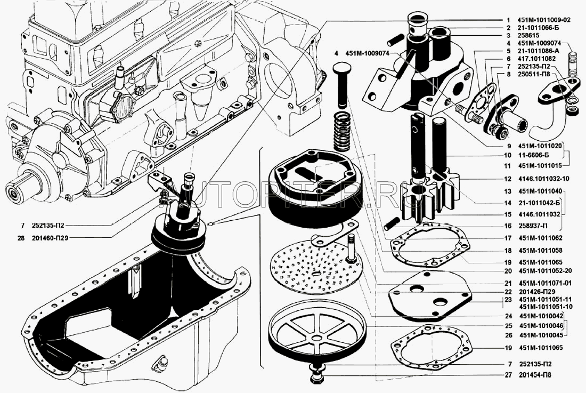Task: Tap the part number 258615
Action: point(528,36)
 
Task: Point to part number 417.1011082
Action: point(536,59)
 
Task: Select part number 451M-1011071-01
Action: point(544,283)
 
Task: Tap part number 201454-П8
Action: point(535,375)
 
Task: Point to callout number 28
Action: point(21,238)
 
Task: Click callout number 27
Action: point(508,375)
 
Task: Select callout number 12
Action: point(507,179)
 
